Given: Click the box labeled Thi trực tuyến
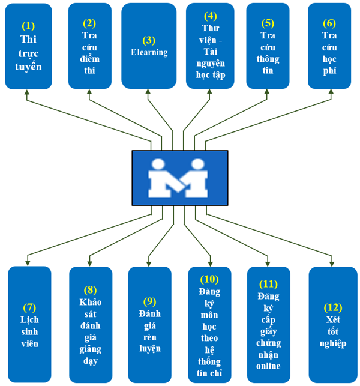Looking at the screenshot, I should click(x=28, y=46).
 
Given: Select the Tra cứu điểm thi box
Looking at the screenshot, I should click(x=89, y=46).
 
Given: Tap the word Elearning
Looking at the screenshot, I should click(x=149, y=52).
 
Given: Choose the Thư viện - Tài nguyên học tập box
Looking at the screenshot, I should click(x=209, y=46).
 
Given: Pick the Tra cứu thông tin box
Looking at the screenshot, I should click(x=268, y=46).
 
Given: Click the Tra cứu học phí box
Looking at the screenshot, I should click(x=329, y=46).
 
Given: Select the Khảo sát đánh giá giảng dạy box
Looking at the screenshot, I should click(x=90, y=324).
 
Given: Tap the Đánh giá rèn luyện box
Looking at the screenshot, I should click(x=150, y=324).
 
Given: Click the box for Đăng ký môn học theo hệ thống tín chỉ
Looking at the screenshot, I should click(x=209, y=324).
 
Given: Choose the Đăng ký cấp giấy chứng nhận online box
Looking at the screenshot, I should click(x=268, y=324).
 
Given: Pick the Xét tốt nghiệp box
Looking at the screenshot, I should click(x=329, y=324).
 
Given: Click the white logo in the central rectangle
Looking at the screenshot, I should click(x=179, y=177).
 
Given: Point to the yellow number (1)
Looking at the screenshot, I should click(x=28, y=26).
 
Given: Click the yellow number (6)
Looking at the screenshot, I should click(x=329, y=23).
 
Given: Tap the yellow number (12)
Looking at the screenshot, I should click(x=329, y=307).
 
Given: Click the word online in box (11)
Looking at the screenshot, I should click(x=268, y=366).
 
